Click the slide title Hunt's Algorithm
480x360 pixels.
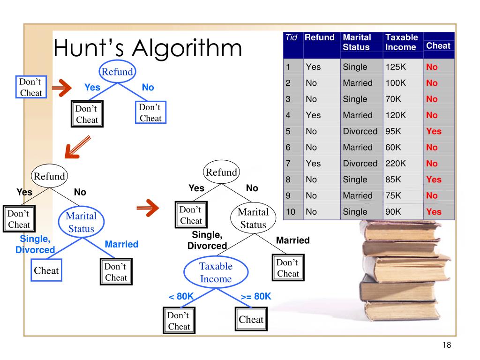coord(148,48)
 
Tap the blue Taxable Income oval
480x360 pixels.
coord(216,272)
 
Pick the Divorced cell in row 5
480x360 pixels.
coord(360,131)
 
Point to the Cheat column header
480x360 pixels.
coord(438,46)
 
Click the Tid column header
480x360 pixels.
coord(292,37)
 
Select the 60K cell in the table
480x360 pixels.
coord(393,147)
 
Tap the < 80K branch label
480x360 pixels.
coord(181,296)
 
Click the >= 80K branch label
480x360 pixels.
coord(256,296)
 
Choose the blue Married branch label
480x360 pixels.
coord(121,244)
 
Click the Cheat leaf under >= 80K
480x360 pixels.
coord(251,320)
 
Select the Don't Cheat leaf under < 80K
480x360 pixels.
coord(179,321)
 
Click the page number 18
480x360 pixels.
coord(446,345)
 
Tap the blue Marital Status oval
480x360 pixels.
coord(81,222)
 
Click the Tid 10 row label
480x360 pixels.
coord(291,212)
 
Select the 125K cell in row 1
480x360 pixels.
coord(395,67)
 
